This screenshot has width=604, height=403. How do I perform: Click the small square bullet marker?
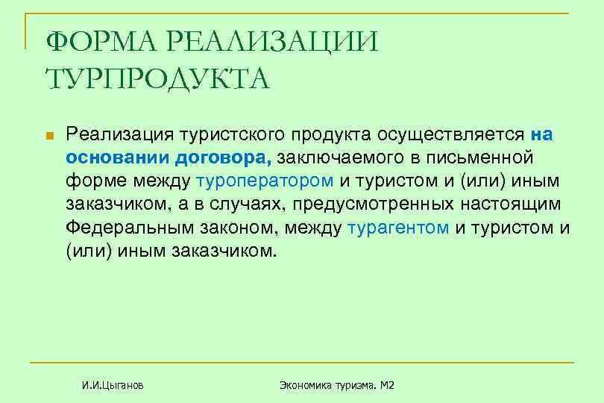click(50, 137)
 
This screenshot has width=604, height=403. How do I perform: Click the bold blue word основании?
click(119, 158)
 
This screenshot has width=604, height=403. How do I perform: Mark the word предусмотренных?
click(388, 204)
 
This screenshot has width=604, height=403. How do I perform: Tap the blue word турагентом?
click(398, 228)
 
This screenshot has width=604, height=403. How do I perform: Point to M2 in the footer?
click(386, 385)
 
